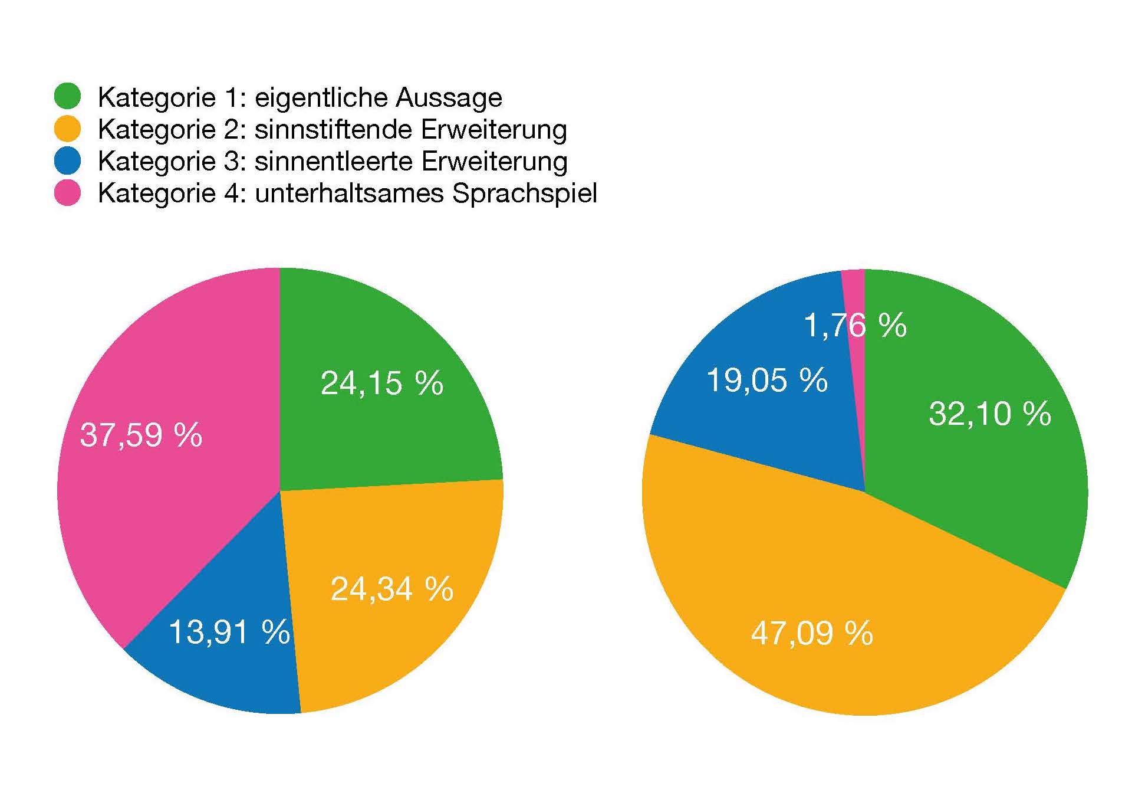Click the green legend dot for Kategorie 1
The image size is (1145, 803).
[67, 96]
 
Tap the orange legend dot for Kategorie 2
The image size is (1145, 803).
[67, 129]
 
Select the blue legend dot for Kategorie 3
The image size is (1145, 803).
[67, 160]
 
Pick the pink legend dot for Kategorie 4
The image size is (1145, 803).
[67, 193]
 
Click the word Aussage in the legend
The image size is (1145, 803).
[449, 97]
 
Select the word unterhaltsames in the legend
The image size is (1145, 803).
[349, 194]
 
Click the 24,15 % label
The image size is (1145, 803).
[381, 384]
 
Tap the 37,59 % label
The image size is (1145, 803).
[141, 435]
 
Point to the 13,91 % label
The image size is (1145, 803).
[229, 632]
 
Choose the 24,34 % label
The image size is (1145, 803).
[391, 589]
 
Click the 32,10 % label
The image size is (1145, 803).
[989, 414]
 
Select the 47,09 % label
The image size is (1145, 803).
[812, 634]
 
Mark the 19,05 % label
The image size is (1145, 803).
[766, 380]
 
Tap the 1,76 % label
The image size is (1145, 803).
[855, 326]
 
